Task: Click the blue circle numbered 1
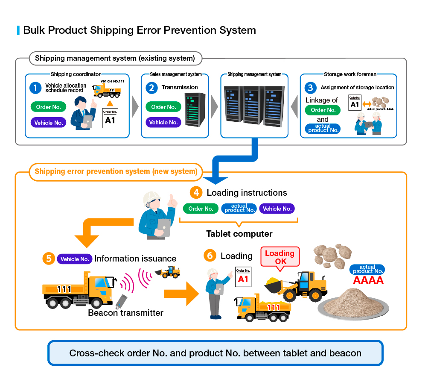click(36, 88)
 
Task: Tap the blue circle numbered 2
click(151, 88)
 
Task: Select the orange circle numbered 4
click(196, 193)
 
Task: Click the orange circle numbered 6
click(210, 256)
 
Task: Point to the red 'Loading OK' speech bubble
click(280, 257)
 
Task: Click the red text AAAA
click(368, 280)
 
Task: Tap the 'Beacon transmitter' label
click(125, 313)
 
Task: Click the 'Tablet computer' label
click(239, 234)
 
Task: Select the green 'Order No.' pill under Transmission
click(163, 107)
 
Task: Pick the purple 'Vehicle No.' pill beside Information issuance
click(75, 259)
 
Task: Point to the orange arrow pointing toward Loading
click(181, 294)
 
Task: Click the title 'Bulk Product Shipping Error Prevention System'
click(140, 30)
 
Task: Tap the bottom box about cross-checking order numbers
click(215, 353)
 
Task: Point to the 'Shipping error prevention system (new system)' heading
click(116, 172)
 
